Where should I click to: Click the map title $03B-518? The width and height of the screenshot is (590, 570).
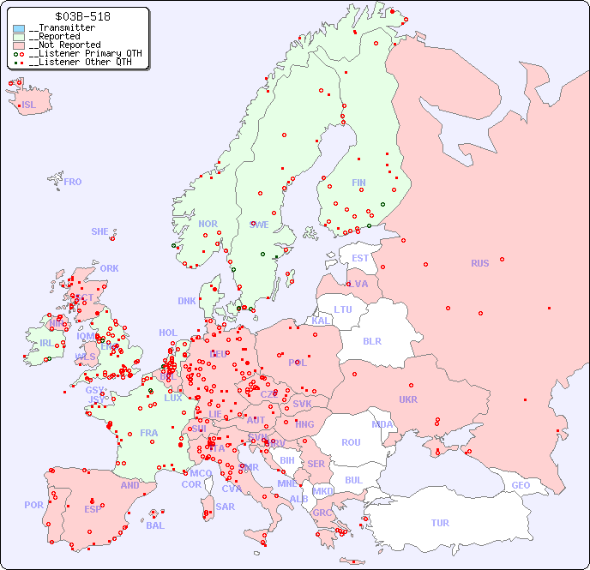pyautogui.click(x=81, y=16)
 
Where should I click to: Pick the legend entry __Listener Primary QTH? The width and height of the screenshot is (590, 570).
pyautogui.click(x=81, y=53)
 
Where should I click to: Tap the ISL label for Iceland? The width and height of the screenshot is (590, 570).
pyautogui.click(x=29, y=105)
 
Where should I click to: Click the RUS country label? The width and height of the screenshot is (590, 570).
pyautogui.click(x=479, y=263)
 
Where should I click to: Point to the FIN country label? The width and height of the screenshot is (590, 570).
pyautogui.click(x=358, y=183)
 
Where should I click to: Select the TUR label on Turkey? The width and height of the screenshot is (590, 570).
pyautogui.click(x=440, y=523)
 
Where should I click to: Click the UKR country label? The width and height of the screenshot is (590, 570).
pyautogui.click(x=408, y=399)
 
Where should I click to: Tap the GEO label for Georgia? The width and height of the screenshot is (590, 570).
pyautogui.click(x=521, y=485)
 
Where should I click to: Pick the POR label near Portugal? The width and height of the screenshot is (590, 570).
pyautogui.click(x=33, y=505)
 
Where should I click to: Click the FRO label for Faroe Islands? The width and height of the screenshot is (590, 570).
pyautogui.click(x=73, y=182)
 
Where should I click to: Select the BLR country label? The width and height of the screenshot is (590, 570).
pyautogui.click(x=371, y=340)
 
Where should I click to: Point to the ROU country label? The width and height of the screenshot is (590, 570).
pyautogui.click(x=351, y=442)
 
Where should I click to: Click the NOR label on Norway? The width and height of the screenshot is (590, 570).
pyautogui.click(x=208, y=224)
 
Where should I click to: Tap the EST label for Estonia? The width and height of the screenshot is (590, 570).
pyautogui.click(x=360, y=258)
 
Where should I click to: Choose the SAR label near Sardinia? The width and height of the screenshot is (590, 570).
pyautogui.click(x=225, y=507)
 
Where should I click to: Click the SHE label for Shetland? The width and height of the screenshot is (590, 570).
pyautogui.click(x=100, y=231)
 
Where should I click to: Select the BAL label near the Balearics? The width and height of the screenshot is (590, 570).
pyautogui.click(x=155, y=525)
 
